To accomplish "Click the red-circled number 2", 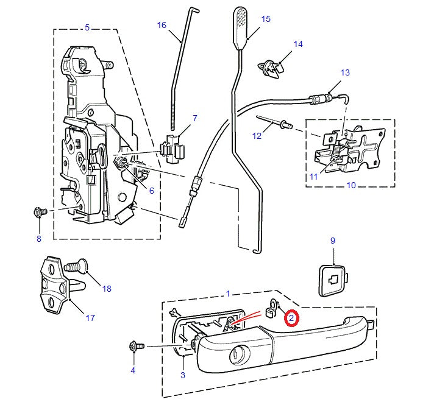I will [291, 318].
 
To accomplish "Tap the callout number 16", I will [162, 25].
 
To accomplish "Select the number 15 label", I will [265, 19].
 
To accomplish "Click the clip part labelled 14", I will [273, 65].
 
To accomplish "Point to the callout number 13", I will [345, 72].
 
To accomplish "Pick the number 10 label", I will [351, 185].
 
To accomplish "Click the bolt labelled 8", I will [40, 213].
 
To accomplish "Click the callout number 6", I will [151, 191].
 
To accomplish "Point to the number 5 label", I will [87, 27].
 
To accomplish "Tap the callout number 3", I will [182, 375].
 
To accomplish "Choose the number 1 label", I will [228, 294].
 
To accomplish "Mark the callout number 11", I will [313, 177].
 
